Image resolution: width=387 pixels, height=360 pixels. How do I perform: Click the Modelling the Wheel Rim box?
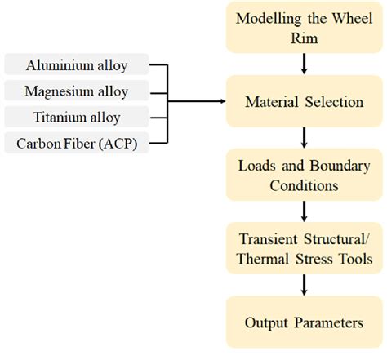click(305, 27)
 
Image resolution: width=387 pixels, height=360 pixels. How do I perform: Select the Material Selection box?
click(305, 102)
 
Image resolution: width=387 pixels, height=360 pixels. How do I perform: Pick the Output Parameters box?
click(305, 322)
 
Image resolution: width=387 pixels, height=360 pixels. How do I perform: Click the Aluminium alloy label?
click(76, 64)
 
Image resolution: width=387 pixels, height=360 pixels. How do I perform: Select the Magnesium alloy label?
click(76, 91)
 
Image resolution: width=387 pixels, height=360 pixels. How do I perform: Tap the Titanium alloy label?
click(76, 117)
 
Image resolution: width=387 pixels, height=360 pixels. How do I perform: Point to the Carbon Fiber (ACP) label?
click(76, 144)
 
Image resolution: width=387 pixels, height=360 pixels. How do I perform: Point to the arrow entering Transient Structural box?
click(305, 211)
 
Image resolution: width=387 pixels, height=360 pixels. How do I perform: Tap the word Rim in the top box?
click(305, 36)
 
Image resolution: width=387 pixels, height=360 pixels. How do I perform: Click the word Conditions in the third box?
click(305, 185)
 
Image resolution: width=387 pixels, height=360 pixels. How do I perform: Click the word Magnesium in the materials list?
click(61, 91)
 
